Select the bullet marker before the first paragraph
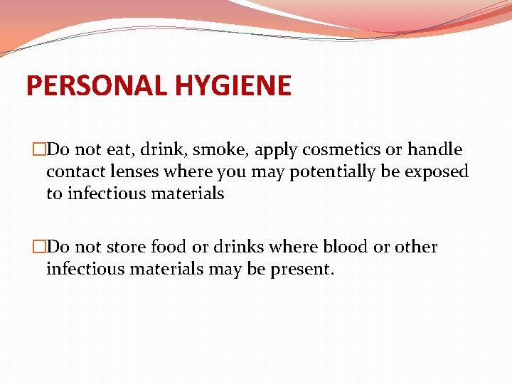(x=39, y=150)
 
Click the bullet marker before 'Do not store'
(x=39, y=247)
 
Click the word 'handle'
(x=434, y=150)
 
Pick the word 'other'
(x=416, y=247)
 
